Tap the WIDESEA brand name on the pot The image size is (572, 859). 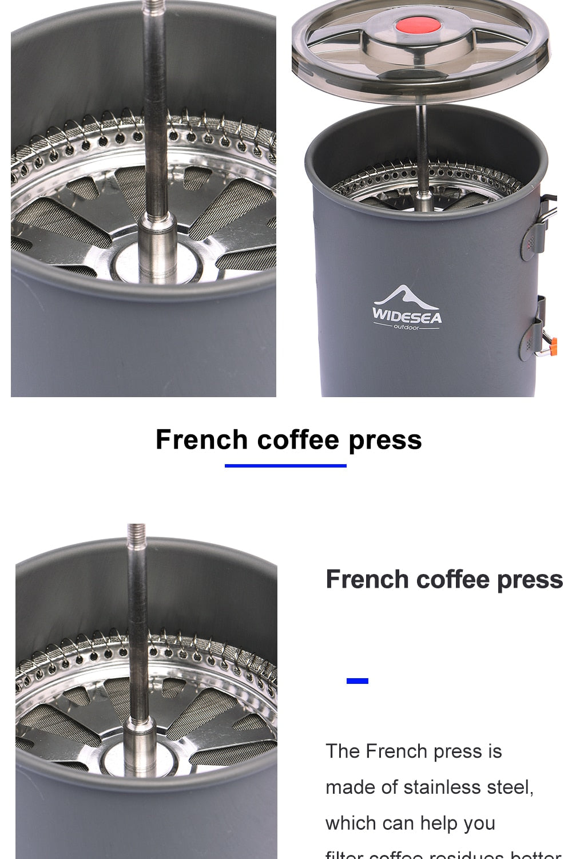click(x=407, y=316)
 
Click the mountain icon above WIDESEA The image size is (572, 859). click(x=407, y=296)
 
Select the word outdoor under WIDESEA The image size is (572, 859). click(x=406, y=327)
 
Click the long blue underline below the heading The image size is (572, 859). click(x=285, y=465)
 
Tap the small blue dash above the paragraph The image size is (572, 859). click(x=357, y=680)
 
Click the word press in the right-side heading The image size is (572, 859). click(x=530, y=579)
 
